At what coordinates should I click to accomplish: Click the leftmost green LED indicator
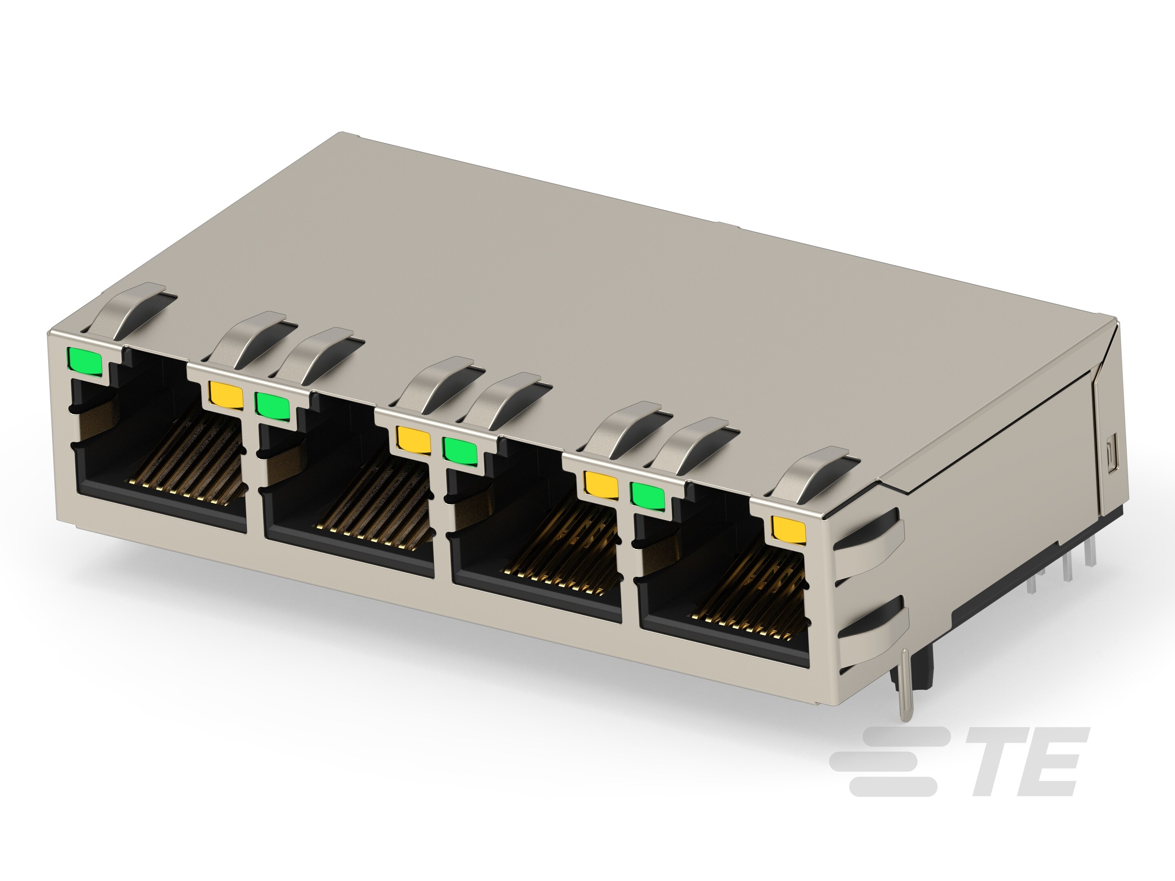(84, 361)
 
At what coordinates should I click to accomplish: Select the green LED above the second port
(273, 405)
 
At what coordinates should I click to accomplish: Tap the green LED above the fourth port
(647, 494)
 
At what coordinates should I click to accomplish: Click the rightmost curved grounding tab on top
(813, 473)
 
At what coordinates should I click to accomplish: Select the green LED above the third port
(460, 449)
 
